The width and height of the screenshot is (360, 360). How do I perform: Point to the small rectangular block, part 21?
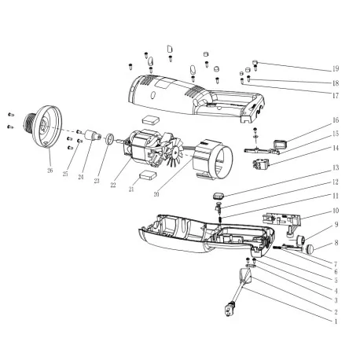tap(145, 178)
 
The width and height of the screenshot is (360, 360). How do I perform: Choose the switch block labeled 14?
tap(260, 165)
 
